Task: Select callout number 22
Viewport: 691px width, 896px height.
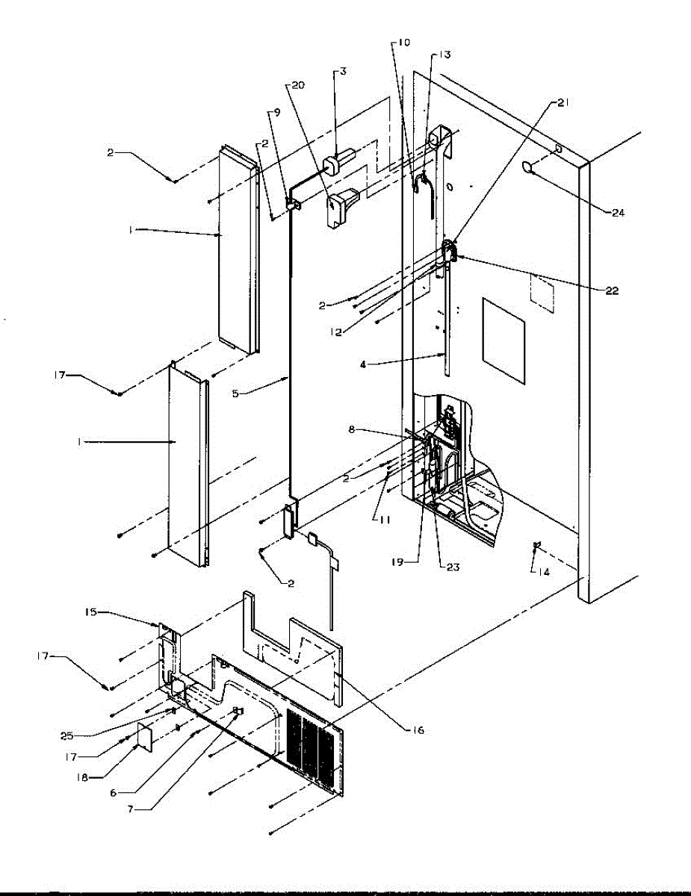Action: pyautogui.click(x=612, y=291)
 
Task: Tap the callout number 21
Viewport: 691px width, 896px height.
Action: pyautogui.click(x=563, y=103)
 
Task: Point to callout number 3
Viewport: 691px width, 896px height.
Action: pyautogui.click(x=343, y=71)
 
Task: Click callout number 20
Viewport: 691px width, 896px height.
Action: pyautogui.click(x=297, y=85)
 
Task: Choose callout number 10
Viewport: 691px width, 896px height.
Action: pyautogui.click(x=403, y=43)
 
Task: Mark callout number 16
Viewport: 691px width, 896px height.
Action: pyautogui.click(x=417, y=730)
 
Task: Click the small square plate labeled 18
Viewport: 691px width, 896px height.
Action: pyautogui.click(x=143, y=737)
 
